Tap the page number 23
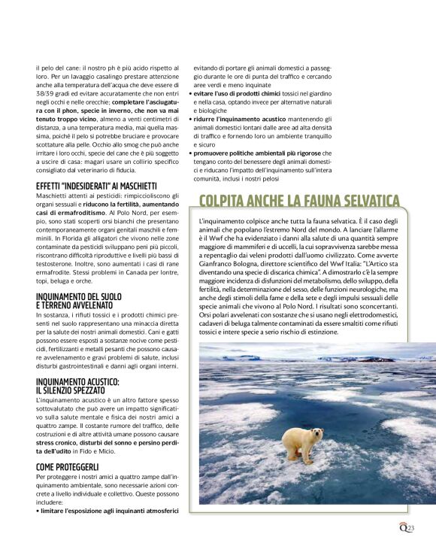coord(410,529)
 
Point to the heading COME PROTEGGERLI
coord(68,467)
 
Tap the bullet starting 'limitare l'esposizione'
coord(107,511)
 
